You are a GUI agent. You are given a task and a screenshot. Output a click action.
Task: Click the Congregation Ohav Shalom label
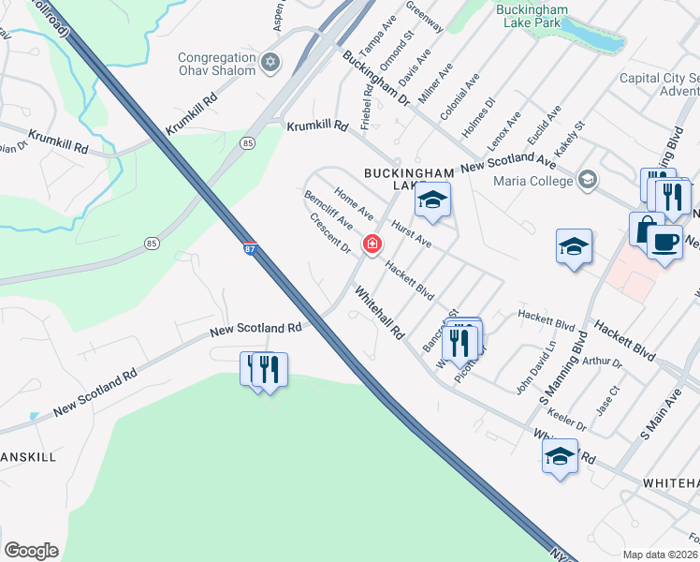(x=217, y=64)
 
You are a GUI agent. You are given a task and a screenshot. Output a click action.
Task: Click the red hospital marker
(x=372, y=244)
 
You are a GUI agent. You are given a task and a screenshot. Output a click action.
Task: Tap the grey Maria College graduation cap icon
(x=587, y=179)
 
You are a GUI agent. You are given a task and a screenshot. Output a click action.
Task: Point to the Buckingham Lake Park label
(x=531, y=25)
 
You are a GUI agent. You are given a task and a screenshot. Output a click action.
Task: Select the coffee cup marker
(x=664, y=242)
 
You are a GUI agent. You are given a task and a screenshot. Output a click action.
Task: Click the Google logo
(x=31, y=551)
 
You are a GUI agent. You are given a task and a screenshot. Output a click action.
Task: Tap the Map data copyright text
(x=660, y=555)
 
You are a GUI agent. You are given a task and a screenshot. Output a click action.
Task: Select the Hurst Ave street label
(x=411, y=234)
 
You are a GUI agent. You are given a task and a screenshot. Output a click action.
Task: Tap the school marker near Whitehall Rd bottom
(x=560, y=457)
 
